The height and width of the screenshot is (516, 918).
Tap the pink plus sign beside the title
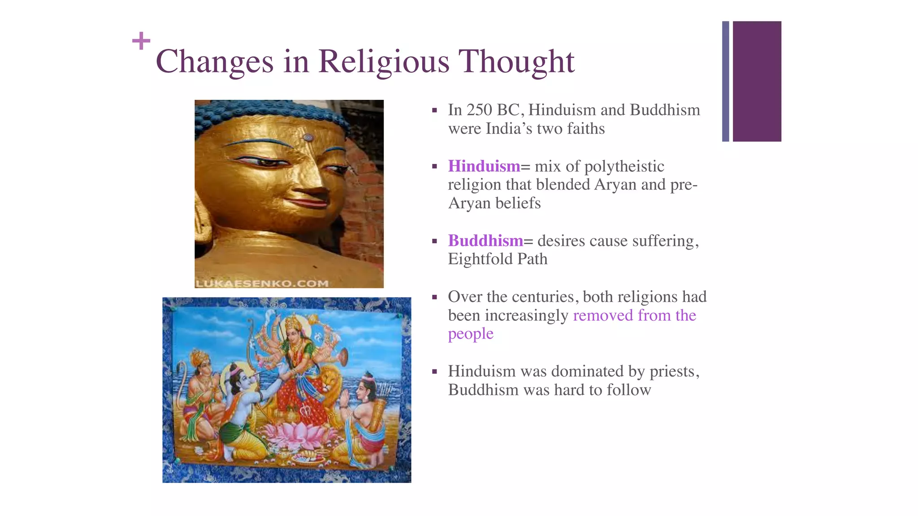pos(141,41)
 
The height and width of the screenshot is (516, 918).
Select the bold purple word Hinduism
pos(484,166)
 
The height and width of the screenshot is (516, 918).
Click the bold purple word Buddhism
pos(485,241)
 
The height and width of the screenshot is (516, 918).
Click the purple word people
pos(471,334)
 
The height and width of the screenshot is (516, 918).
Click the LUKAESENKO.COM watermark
pos(262,283)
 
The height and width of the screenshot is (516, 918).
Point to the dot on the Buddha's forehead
pos(307,137)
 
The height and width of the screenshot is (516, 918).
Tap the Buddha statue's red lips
pos(309,202)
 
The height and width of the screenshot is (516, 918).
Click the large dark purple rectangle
pos(757,82)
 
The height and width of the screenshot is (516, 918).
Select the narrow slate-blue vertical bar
pos(725,82)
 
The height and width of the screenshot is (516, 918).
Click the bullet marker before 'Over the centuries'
pos(434,297)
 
